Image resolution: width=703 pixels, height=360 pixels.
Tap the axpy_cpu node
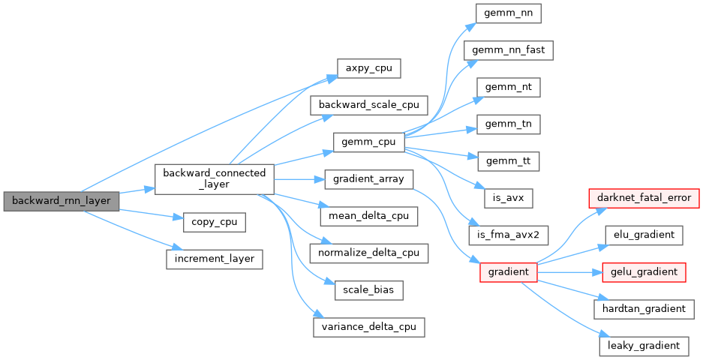(x=368, y=67)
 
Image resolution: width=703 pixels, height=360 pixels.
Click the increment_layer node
(x=215, y=259)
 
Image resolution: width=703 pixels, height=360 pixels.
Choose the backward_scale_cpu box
(x=369, y=104)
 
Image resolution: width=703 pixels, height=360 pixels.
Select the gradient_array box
(x=369, y=178)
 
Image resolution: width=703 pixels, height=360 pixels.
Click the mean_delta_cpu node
(x=369, y=216)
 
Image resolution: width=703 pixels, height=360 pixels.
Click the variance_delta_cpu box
(x=369, y=327)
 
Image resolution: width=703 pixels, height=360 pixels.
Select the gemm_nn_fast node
(x=509, y=50)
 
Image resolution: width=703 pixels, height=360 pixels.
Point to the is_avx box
(x=509, y=197)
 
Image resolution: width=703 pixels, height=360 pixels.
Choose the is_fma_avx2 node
(x=509, y=234)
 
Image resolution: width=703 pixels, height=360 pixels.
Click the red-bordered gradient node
(x=509, y=271)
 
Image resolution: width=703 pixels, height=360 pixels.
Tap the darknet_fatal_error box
(x=643, y=198)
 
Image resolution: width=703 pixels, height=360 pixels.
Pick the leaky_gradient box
(x=644, y=345)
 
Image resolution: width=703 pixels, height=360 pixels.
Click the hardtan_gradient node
(x=644, y=308)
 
